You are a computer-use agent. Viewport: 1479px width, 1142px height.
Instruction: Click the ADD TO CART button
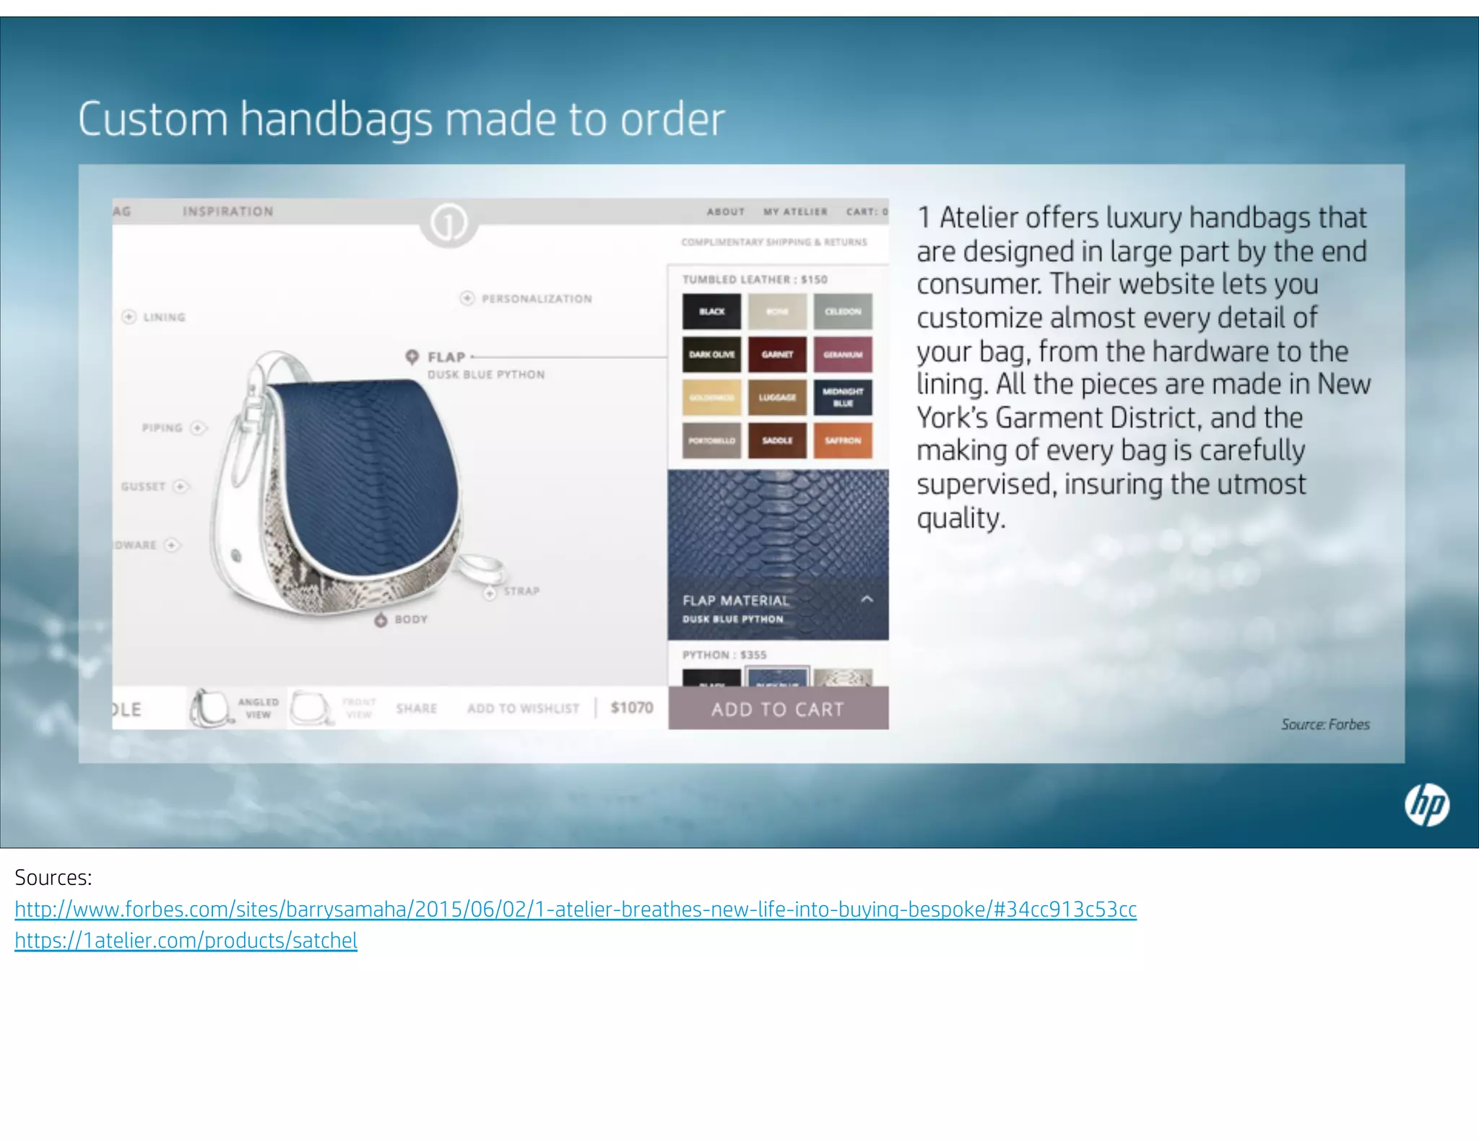pyautogui.click(x=778, y=709)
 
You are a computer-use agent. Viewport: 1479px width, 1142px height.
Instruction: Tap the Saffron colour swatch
pyautogui.click(x=843, y=440)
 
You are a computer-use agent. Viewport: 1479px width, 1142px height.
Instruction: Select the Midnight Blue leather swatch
pyautogui.click(x=843, y=397)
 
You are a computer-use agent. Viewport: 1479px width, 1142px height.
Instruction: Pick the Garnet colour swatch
pyautogui.click(x=777, y=354)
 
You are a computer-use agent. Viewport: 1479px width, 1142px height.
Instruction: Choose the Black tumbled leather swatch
pyautogui.click(x=711, y=311)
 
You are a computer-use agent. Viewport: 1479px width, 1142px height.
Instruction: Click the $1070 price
pyautogui.click(x=632, y=707)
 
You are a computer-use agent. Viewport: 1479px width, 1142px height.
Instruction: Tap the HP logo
pyautogui.click(x=1426, y=805)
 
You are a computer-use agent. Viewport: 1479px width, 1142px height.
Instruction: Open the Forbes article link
pyautogui.click(x=576, y=910)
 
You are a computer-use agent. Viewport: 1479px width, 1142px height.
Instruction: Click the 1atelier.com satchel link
pyautogui.click(x=186, y=941)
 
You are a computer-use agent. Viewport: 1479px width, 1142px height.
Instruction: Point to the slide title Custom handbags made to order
pyautogui.click(x=401, y=119)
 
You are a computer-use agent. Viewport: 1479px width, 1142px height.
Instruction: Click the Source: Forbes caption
pyautogui.click(x=1325, y=724)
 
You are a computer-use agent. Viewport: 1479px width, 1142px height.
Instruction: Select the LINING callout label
pyautogui.click(x=163, y=317)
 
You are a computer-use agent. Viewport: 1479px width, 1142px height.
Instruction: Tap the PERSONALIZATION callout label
pyautogui.click(x=536, y=299)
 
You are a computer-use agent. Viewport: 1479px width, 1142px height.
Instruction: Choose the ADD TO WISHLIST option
pyautogui.click(x=523, y=708)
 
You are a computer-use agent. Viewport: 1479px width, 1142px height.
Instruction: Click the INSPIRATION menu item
pyautogui.click(x=228, y=212)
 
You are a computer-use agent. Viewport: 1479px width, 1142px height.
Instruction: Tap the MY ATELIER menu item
pyautogui.click(x=795, y=212)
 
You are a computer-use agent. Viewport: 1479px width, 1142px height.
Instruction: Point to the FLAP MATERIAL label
pyautogui.click(x=736, y=601)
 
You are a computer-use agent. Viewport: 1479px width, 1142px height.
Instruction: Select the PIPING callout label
pyautogui.click(x=162, y=428)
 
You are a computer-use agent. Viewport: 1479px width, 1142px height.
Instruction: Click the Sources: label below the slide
pyautogui.click(x=53, y=878)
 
